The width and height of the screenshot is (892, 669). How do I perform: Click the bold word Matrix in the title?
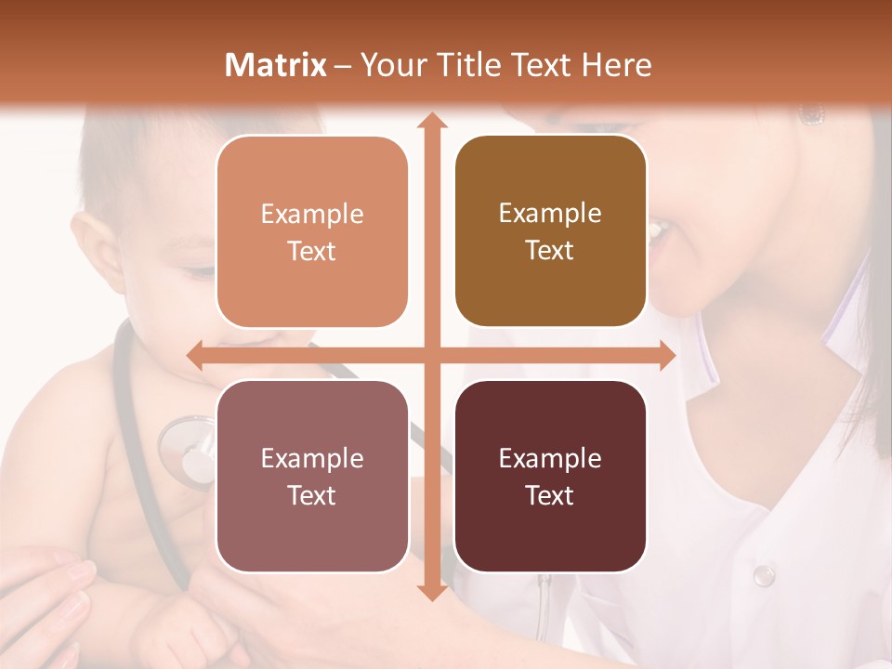276,65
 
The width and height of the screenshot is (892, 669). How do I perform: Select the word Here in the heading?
617,65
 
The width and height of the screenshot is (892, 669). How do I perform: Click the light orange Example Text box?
312,231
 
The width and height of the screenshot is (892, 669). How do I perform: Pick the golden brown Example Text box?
550,231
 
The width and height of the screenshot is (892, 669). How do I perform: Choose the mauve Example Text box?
312,476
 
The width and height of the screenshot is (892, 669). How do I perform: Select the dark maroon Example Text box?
550,476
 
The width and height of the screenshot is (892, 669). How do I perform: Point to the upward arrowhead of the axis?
431,121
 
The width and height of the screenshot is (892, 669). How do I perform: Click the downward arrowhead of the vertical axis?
431,592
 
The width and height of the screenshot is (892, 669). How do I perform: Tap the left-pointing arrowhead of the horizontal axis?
195,355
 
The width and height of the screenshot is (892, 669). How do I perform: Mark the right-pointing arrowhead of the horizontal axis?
667,355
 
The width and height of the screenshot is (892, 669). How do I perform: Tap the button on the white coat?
764,575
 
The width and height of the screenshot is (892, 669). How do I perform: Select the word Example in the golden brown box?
550,214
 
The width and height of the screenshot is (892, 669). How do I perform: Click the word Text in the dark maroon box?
550,495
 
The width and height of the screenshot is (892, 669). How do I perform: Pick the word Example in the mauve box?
312,458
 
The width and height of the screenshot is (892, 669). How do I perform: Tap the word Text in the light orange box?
312,251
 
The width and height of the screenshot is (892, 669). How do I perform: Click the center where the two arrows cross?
431,355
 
